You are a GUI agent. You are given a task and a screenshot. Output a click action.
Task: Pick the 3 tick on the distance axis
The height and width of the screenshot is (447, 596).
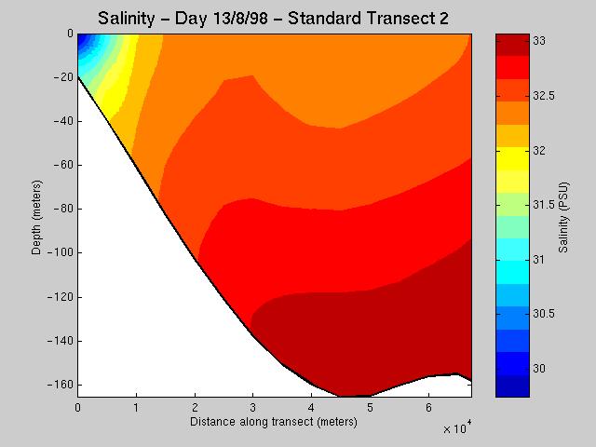pos(253,407)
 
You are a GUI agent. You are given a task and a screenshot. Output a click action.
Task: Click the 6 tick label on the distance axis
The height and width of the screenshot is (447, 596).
pos(428,407)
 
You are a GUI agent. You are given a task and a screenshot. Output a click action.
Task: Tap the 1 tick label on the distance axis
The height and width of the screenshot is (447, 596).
pos(136,407)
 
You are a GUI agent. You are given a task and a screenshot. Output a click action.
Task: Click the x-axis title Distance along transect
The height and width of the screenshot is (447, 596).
pos(273,422)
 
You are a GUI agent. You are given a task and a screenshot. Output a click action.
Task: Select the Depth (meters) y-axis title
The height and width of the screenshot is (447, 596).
pos(35,214)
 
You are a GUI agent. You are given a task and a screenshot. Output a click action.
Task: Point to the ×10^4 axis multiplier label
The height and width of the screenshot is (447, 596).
pos(455,428)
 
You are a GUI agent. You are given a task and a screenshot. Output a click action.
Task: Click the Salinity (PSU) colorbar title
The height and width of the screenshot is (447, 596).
pos(564,214)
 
